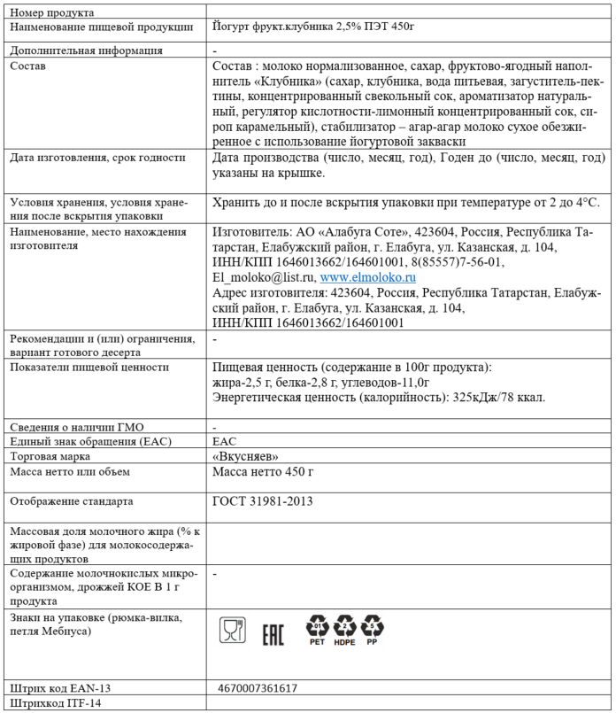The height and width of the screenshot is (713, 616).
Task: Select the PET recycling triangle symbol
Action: click(x=317, y=631)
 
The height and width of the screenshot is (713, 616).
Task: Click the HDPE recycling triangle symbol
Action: click(x=345, y=631)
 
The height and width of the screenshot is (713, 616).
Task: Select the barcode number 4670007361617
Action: click(x=258, y=687)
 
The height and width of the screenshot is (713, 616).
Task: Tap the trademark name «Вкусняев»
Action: click(x=247, y=456)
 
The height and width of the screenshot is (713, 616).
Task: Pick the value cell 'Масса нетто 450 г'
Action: click(x=264, y=472)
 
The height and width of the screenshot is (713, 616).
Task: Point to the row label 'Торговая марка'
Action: click(x=50, y=456)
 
